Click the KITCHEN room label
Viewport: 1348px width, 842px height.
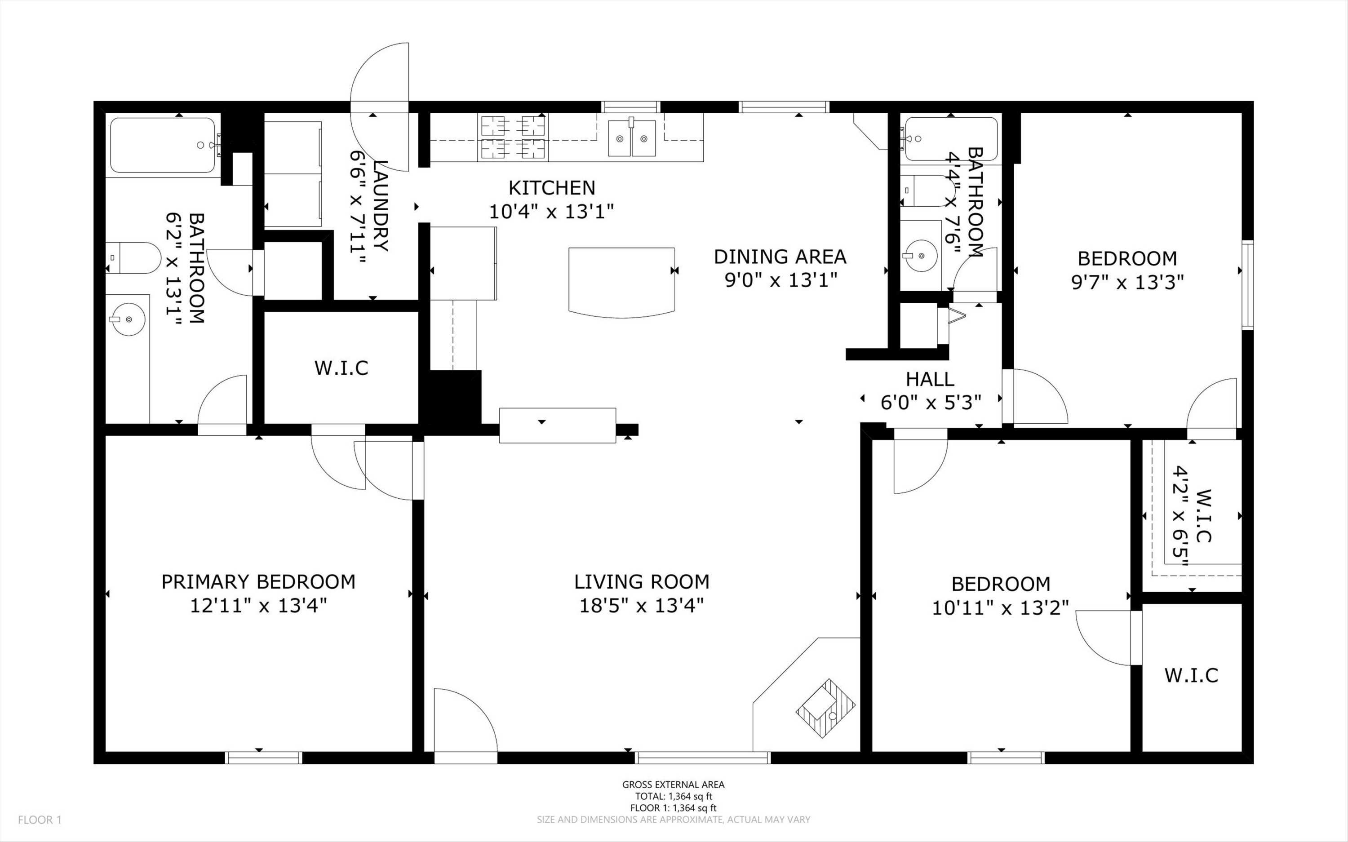(x=552, y=188)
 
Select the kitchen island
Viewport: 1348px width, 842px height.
(x=621, y=282)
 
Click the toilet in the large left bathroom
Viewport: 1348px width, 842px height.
(x=133, y=258)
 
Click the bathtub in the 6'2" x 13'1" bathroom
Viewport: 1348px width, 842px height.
(x=162, y=145)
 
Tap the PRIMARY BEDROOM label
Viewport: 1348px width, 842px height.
(x=258, y=582)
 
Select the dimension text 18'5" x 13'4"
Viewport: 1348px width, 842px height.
(x=642, y=605)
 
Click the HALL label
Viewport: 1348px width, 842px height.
(x=930, y=379)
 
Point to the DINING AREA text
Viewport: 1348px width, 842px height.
(x=780, y=257)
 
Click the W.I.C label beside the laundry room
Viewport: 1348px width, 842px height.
(x=341, y=368)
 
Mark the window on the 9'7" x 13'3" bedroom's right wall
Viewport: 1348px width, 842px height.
(x=1247, y=284)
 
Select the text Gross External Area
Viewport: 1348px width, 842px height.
(x=673, y=784)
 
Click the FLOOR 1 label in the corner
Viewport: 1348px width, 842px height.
(x=40, y=820)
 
